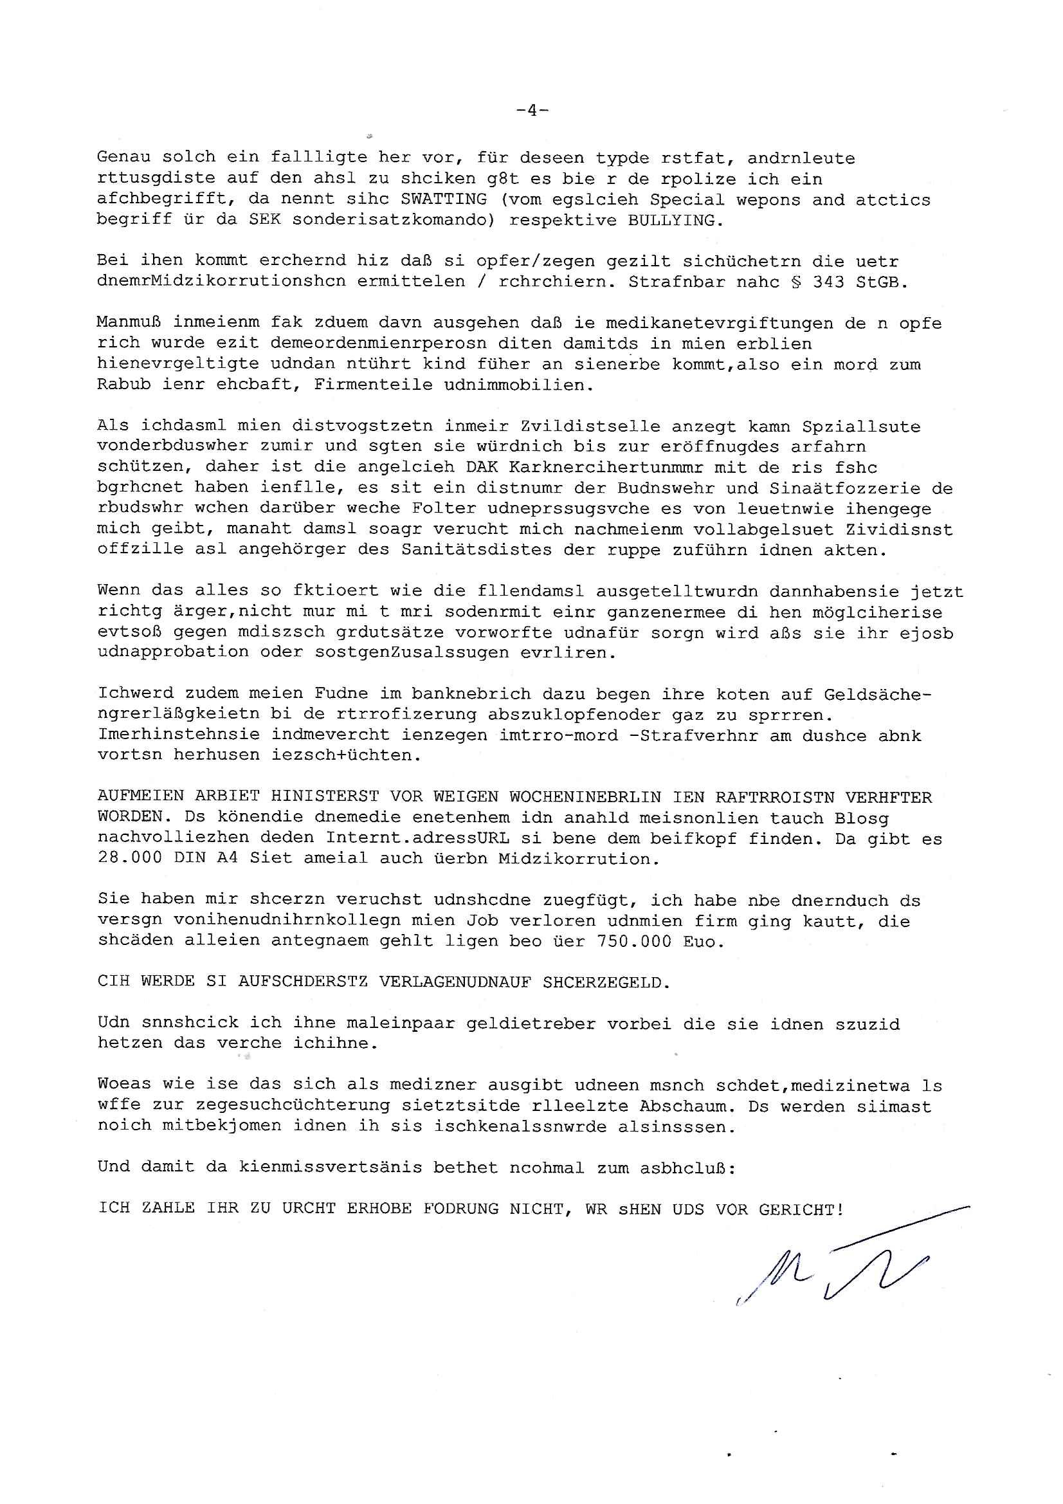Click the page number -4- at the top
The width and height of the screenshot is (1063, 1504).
click(x=532, y=111)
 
